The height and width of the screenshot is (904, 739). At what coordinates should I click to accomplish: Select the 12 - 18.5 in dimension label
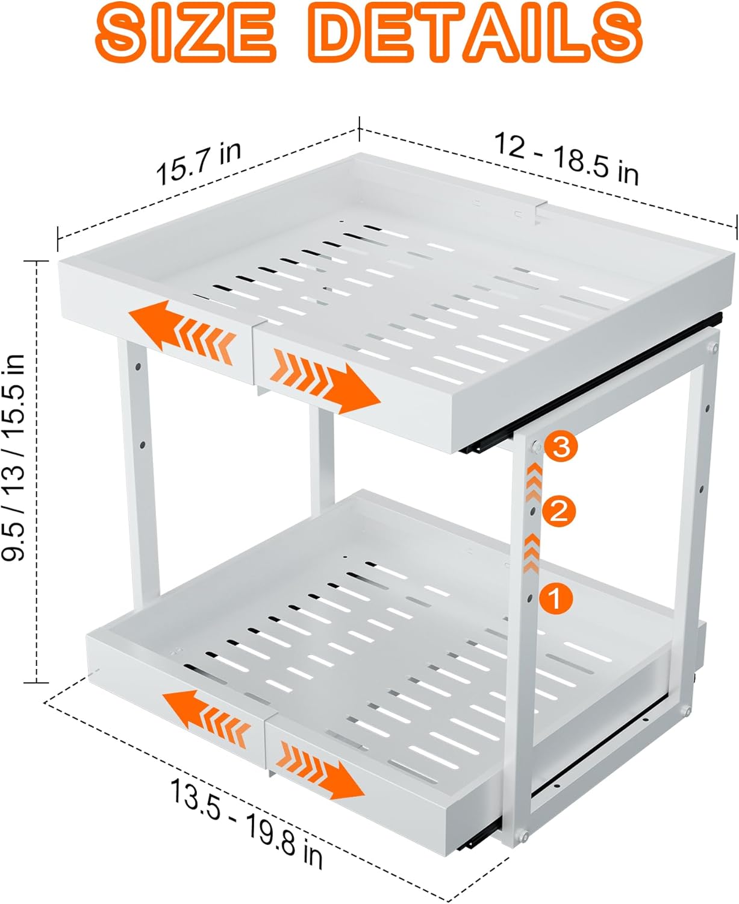click(566, 159)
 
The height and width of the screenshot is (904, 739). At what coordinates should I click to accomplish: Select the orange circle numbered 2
click(559, 512)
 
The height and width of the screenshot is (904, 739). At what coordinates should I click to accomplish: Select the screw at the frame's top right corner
click(714, 348)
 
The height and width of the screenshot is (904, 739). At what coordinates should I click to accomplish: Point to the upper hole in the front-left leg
click(138, 366)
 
